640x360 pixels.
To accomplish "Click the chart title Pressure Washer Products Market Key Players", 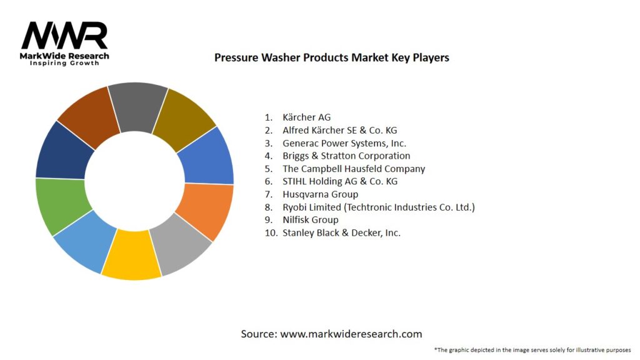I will (x=331, y=57).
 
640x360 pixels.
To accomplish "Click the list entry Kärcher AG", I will (x=306, y=117).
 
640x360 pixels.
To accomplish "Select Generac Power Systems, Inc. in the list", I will (x=344, y=142).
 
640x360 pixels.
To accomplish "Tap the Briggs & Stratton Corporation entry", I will (x=346, y=156).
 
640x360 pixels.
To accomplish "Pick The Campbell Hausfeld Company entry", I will (x=353, y=169).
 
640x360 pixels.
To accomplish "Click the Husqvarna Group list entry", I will (x=320, y=194).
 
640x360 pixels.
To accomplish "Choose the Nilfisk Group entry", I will (x=310, y=220).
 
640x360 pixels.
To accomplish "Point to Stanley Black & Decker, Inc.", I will (x=341, y=232).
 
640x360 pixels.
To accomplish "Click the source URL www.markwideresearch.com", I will (x=351, y=334).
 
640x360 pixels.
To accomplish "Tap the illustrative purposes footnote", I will (x=532, y=349).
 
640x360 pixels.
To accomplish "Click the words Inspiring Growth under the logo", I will (x=64, y=64).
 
